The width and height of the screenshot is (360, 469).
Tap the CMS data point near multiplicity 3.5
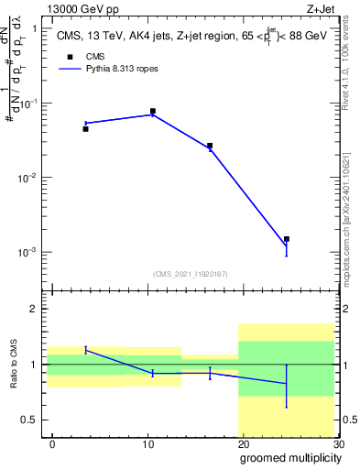click(x=85, y=129)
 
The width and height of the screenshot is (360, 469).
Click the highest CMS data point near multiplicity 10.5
click(x=152, y=111)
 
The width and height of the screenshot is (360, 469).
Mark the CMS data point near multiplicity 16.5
click(x=210, y=146)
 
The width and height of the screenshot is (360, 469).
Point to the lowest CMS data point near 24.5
click(x=286, y=239)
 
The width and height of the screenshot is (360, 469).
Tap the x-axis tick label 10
click(x=147, y=443)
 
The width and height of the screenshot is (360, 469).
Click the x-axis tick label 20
click(x=243, y=443)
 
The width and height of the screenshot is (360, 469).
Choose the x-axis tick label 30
click(x=338, y=443)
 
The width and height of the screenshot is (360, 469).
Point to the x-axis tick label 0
click(x=52, y=443)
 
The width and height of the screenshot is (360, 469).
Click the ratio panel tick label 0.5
click(x=29, y=420)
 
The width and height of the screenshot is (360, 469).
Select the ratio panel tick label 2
click(x=34, y=310)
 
